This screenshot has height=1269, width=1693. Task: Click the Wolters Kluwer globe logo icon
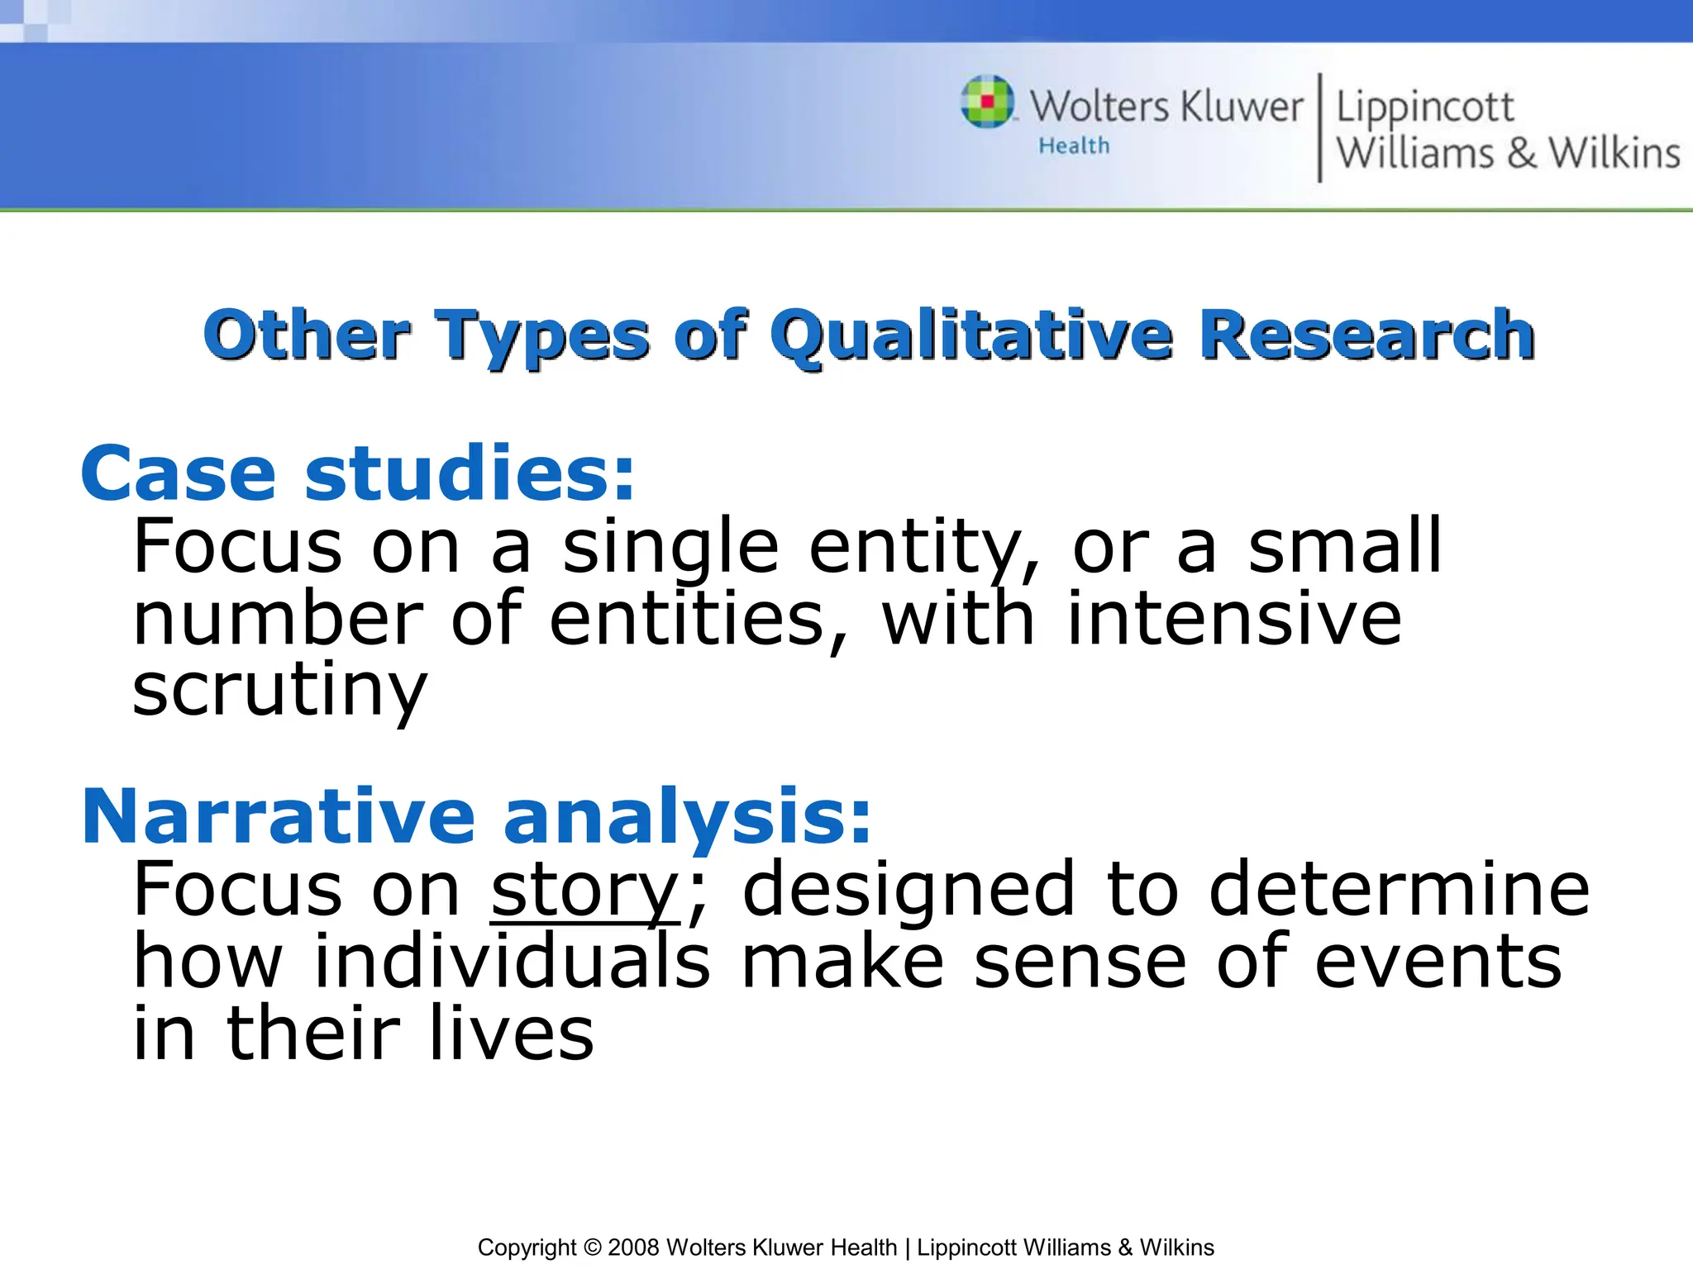987,102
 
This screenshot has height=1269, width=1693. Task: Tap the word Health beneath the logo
1074,146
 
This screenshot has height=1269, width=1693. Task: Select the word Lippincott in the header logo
1425,107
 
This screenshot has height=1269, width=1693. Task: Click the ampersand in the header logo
1522,154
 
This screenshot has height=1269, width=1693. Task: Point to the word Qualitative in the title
970,335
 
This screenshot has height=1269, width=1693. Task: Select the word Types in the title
542,337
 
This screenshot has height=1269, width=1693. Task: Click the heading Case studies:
358,473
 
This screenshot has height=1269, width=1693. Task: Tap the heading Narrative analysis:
476,816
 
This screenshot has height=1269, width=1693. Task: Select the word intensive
1234,618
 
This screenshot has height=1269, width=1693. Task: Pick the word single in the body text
670,547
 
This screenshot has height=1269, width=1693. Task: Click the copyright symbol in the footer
591,1248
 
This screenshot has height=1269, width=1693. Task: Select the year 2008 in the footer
633,1248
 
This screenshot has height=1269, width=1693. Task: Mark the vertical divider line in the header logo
1319,128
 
